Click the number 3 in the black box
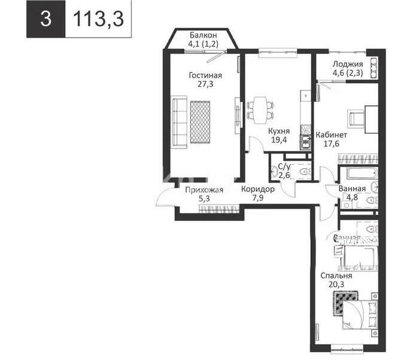click(x=45, y=19)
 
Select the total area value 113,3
click(x=98, y=19)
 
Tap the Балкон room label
click(x=203, y=35)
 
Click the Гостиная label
click(x=205, y=75)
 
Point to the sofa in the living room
click(x=178, y=120)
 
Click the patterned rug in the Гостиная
click(x=201, y=120)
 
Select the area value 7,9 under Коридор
click(x=258, y=199)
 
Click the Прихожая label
click(x=204, y=190)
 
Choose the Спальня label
click(x=336, y=276)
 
